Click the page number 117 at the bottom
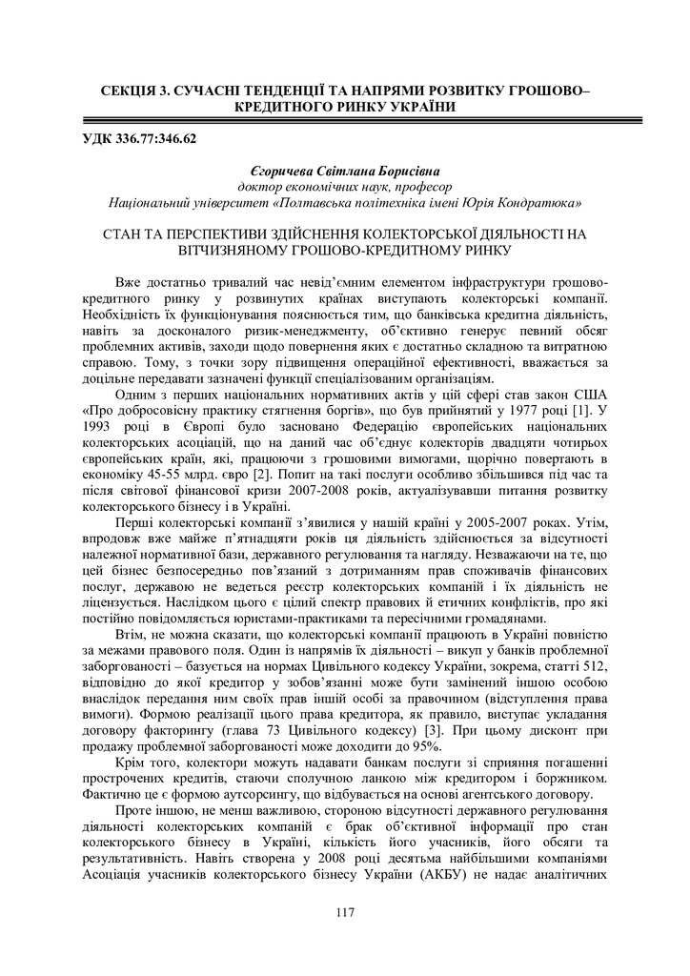[345, 913]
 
